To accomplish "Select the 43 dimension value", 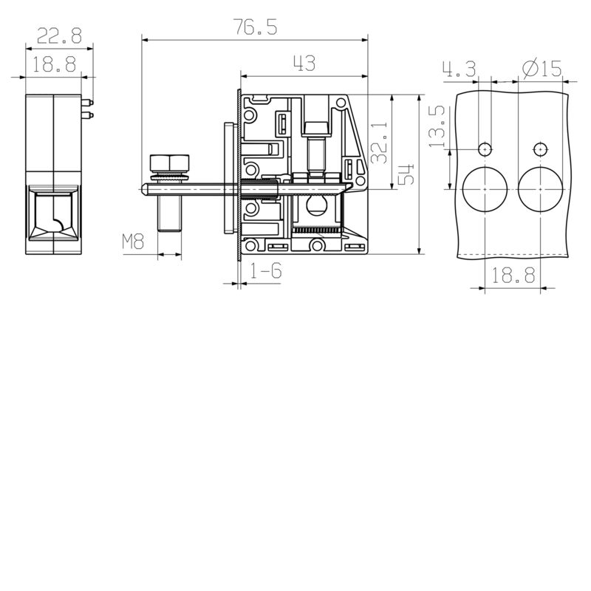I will pyautogui.click(x=304, y=64).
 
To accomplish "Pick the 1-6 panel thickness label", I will pyautogui.click(x=266, y=271).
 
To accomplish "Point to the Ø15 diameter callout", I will pyautogui.click(x=542, y=69).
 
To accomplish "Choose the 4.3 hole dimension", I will pyautogui.click(x=459, y=69).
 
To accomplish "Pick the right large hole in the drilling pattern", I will pyautogui.click(x=540, y=189).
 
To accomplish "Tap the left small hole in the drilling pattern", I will pyautogui.click(x=484, y=148).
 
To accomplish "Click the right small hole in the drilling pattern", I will pyautogui.click(x=540, y=148).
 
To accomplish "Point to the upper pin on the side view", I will pyautogui.click(x=87, y=103).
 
